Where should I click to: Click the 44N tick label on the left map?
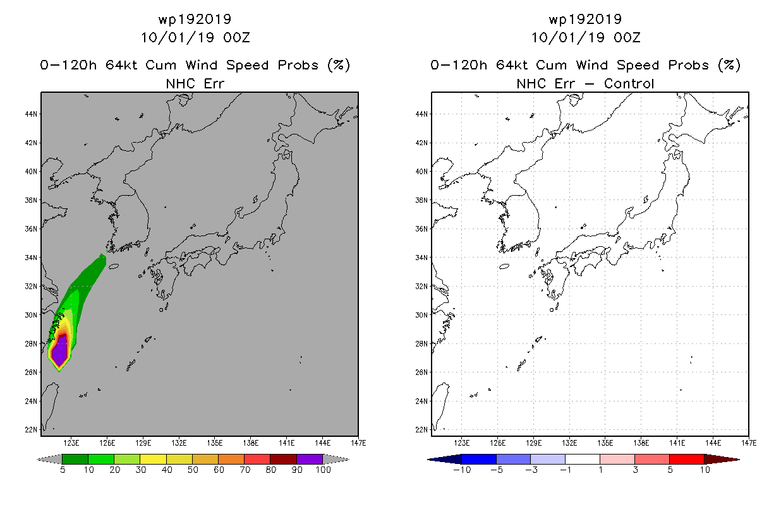pos(31,114)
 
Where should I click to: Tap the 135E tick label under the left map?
pos(215,443)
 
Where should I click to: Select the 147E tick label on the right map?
pos(749,443)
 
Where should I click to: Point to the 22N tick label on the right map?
pos(421,430)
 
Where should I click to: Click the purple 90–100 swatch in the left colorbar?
pos(310,459)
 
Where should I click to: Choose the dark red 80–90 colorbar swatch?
pos(283,459)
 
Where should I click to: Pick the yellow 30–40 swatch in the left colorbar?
pos(153,459)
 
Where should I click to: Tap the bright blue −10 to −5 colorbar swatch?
pos(479,459)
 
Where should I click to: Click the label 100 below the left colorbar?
pos(323,470)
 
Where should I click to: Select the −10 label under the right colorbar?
pos(462,470)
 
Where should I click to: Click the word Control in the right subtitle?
pos(629,84)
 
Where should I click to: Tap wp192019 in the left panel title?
pos(195,20)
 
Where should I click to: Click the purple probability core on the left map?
pos(59,350)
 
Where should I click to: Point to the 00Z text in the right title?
pos(627,38)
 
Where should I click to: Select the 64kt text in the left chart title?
pos(122,65)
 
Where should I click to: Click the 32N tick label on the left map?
pos(31,287)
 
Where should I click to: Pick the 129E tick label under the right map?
pos(533,443)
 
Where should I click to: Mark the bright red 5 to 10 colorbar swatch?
pos(687,459)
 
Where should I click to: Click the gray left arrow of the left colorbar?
pos(49,459)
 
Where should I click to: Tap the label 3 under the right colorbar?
pos(635,470)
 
